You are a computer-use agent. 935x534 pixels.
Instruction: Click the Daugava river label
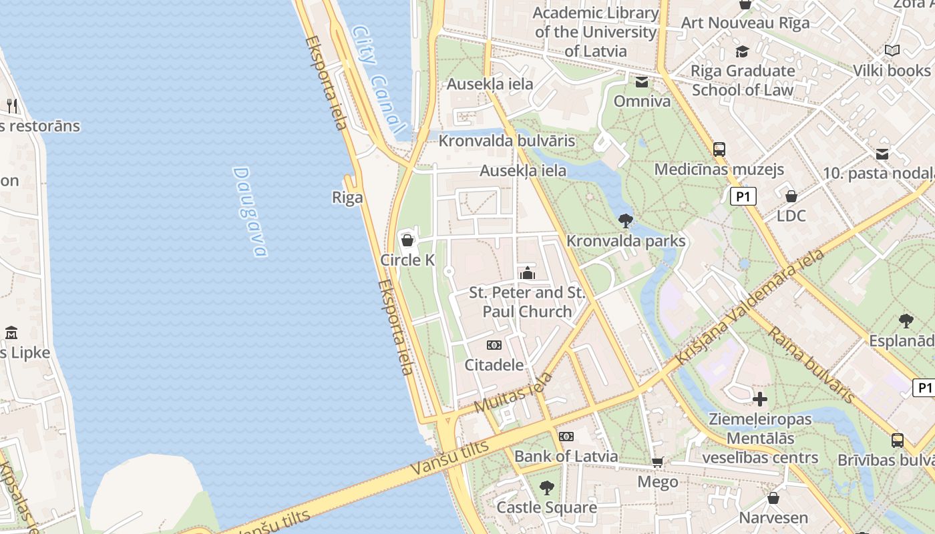[x=250, y=212]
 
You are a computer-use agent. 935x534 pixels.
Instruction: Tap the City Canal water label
[x=378, y=79]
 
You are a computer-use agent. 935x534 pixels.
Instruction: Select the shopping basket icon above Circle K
[x=407, y=240]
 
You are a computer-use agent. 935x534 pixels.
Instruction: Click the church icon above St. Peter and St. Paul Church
[x=528, y=273]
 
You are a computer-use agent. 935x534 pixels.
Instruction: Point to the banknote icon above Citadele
[x=494, y=345]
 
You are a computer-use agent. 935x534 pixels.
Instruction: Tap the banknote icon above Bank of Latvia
[x=566, y=437]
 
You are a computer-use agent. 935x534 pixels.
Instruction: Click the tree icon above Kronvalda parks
[x=626, y=220]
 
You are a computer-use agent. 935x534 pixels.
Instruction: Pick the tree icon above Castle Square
[x=547, y=487]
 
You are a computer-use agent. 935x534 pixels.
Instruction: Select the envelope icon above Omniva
[x=642, y=82]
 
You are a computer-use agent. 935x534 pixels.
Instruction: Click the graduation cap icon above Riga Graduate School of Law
[x=742, y=51]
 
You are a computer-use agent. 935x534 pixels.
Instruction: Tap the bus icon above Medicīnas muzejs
[x=719, y=150]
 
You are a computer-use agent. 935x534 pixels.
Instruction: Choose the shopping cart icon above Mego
[x=658, y=462]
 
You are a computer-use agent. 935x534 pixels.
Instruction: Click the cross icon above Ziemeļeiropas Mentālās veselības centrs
[x=760, y=400]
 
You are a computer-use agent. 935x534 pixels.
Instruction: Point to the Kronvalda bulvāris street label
[x=507, y=141]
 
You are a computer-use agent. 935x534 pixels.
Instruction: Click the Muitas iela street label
[x=514, y=392]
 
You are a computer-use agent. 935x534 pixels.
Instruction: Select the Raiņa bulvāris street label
[x=811, y=364]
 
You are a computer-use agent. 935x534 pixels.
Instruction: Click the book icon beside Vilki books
[x=892, y=50]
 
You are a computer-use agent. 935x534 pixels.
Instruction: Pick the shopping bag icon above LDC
[x=791, y=196]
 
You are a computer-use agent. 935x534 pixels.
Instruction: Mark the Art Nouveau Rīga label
[x=745, y=23]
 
